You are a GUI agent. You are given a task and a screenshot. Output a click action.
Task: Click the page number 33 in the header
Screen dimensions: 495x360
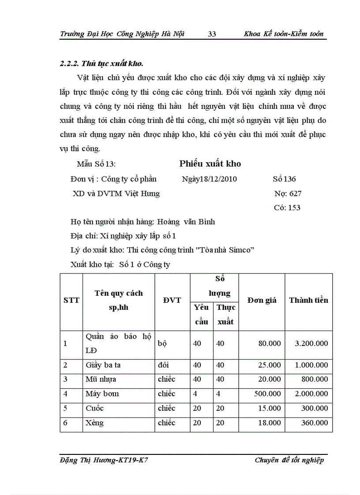tap(212, 34)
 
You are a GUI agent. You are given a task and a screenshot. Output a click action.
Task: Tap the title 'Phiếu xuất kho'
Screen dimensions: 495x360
tap(210, 164)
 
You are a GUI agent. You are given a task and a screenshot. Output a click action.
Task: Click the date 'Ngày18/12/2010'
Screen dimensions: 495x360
tap(209, 179)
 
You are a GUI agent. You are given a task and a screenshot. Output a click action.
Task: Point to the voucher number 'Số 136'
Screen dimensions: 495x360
tap(284, 179)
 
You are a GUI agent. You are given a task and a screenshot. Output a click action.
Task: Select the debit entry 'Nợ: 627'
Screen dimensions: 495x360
tap(288, 193)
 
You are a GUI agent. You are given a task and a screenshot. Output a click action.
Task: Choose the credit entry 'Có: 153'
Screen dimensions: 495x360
tap(287, 207)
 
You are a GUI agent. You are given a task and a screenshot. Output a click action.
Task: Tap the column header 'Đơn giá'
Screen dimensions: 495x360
tap(262, 300)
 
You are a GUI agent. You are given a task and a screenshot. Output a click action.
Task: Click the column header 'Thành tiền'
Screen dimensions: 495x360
tap(308, 300)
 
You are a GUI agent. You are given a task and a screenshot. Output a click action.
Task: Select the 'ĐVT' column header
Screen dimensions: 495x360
tap(172, 300)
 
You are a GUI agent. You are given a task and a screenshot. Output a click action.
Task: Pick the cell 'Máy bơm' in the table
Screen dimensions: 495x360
tap(102, 394)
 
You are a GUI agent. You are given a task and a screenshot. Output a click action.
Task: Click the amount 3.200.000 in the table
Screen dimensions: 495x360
tap(311, 343)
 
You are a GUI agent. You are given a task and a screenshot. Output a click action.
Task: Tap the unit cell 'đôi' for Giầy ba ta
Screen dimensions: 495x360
tap(163, 365)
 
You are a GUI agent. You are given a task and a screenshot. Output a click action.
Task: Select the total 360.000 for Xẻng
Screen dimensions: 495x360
tap(315, 423)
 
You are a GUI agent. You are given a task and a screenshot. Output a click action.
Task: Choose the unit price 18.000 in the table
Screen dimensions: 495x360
tap(269, 423)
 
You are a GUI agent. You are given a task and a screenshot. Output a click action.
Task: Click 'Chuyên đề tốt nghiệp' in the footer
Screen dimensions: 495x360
tap(289, 460)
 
